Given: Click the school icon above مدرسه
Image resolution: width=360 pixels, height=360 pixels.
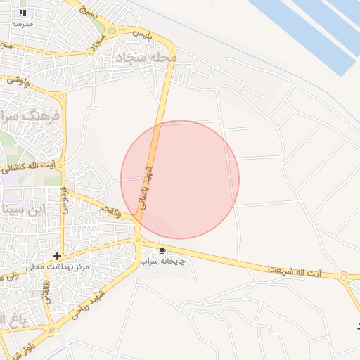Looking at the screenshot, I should (23, 13).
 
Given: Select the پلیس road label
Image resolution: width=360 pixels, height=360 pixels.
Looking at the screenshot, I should (144, 33).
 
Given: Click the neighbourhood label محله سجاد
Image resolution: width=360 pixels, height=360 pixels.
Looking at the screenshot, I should (146, 56).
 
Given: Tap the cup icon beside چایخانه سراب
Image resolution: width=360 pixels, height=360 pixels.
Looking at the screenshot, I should (163, 250).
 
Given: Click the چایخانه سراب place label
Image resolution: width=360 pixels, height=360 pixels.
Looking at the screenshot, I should (163, 261).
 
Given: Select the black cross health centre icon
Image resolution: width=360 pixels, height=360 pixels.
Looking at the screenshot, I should (57, 255).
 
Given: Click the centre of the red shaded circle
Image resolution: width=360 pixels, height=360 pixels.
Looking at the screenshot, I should (180, 179).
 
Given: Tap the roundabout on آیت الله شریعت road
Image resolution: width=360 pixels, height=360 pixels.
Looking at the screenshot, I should (344, 277).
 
